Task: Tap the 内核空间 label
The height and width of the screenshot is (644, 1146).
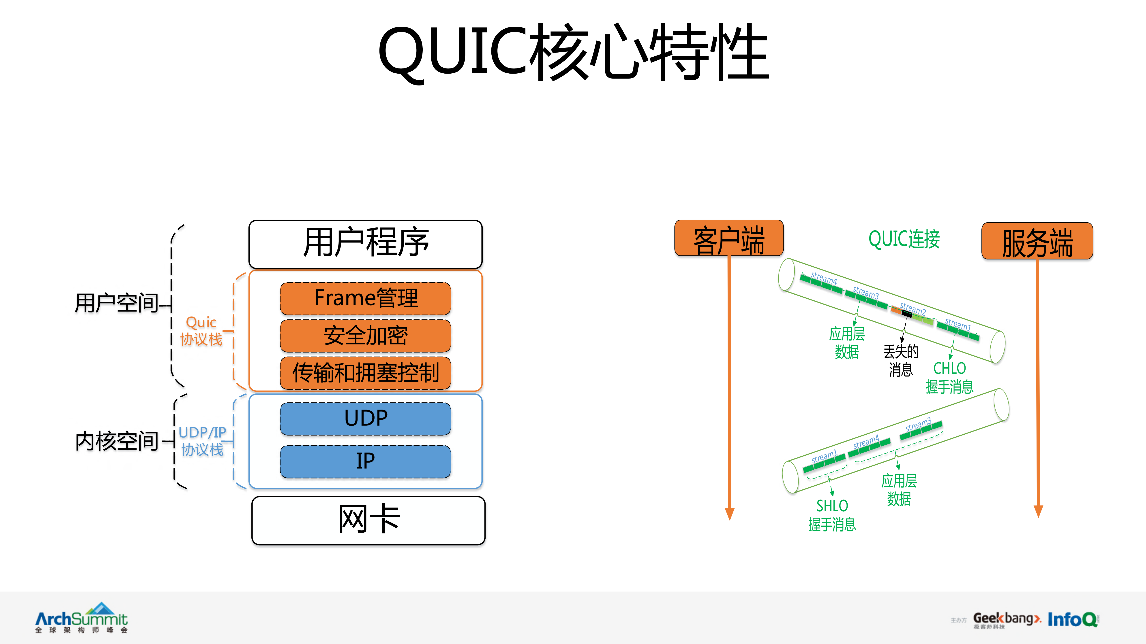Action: pyautogui.click(x=117, y=441)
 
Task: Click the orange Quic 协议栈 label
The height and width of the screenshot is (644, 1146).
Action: pyautogui.click(x=201, y=331)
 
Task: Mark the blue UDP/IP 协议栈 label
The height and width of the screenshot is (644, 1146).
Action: pyautogui.click(x=202, y=441)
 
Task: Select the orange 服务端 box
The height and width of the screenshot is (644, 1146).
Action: pyautogui.click(x=1037, y=241)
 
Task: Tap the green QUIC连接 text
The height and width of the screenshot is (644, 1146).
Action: pyautogui.click(x=904, y=239)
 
